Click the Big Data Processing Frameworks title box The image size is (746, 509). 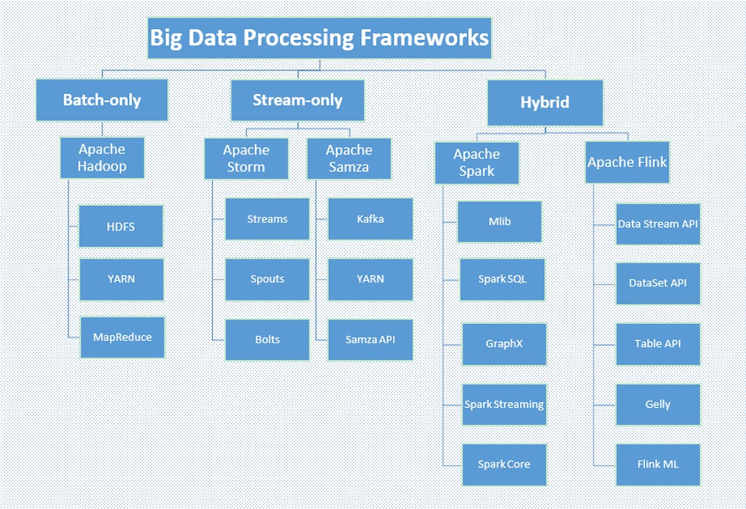coord(319,38)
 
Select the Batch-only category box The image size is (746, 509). coord(102,100)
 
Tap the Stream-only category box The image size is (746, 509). coord(297,100)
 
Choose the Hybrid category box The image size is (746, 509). coord(545,103)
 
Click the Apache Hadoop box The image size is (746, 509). coord(102,158)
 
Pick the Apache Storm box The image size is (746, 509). coord(246,159)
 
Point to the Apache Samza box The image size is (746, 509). coord(349,159)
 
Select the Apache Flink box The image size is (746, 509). coord(627,162)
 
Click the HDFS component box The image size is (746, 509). coord(121,227)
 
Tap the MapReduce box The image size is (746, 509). coord(122,337)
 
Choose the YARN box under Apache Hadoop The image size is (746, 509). coord(122,280)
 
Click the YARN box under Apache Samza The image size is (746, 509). coord(370,280)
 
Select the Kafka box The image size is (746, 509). coord(370,219)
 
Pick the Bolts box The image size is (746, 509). coord(267,340)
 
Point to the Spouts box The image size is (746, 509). coord(267,280)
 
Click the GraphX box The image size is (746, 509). coord(504,344)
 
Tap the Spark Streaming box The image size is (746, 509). coord(504,405)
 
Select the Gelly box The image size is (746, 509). coord(658,405)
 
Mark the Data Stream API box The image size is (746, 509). coord(658,224)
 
